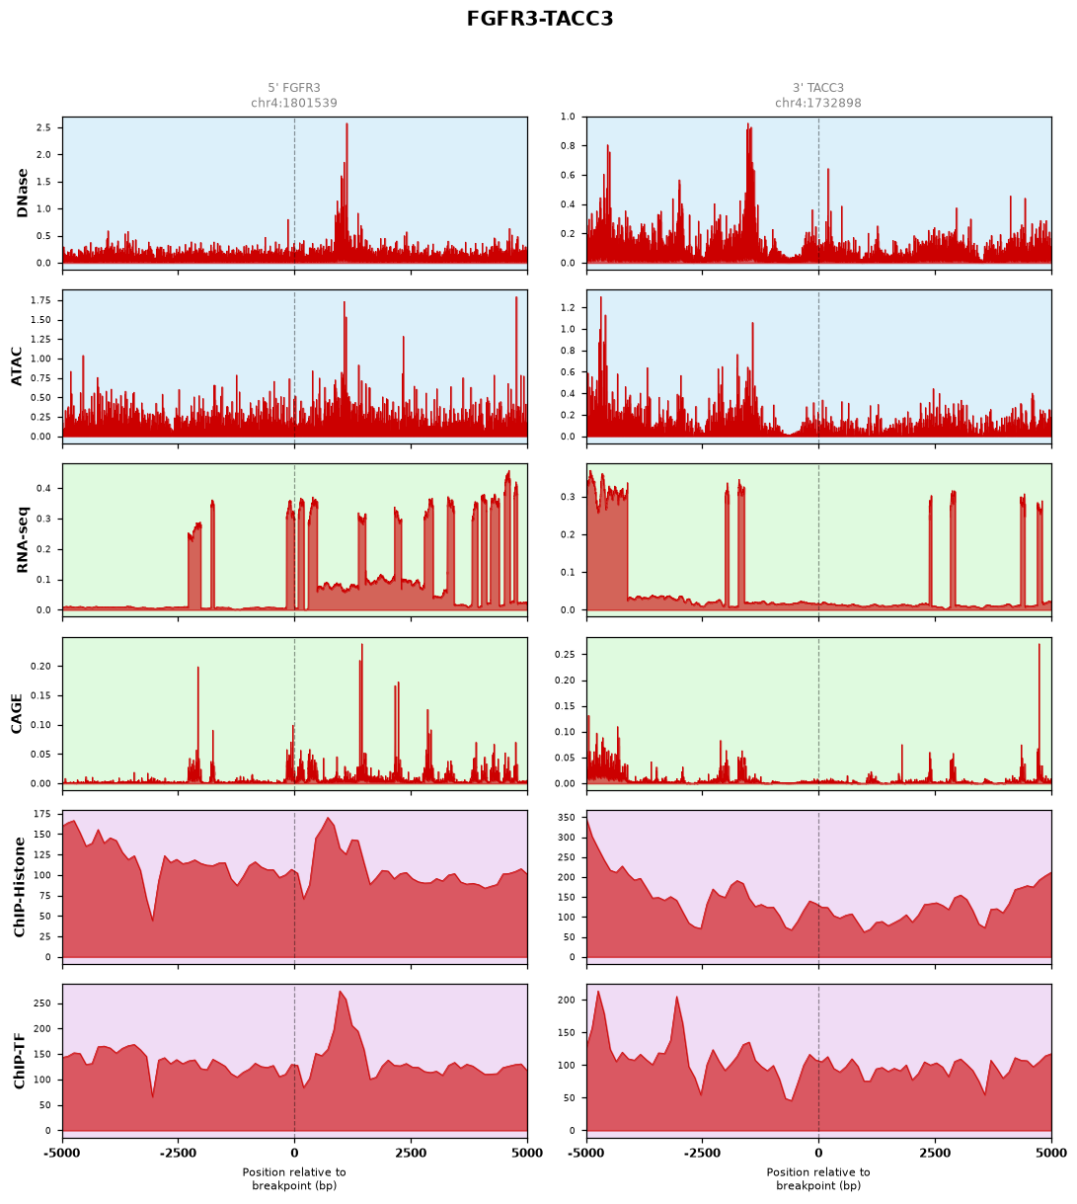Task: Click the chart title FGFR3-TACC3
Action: (x=539, y=19)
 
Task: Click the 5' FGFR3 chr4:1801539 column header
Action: (x=294, y=95)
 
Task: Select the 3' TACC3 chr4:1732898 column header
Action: (x=818, y=95)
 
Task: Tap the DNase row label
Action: (x=22, y=193)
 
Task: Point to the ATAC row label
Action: (x=17, y=366)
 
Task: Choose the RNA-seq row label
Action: (x=22, y=539)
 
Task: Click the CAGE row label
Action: (x=17, y=713)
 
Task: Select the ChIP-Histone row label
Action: (x=19, y=887)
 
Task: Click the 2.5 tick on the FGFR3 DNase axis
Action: (x=44, y=127)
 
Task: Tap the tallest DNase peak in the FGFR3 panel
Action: (x=346, y=124)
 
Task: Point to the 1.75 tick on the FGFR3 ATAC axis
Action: (x=41, y=300)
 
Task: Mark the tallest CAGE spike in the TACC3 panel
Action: (x=1039, y=645)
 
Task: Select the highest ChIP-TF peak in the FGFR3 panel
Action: (x=340, y=992)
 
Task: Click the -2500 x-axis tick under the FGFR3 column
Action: (x=178, y=1153)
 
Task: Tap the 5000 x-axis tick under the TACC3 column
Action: (x=1051, y=1153)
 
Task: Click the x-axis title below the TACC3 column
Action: (x=818, y=1178)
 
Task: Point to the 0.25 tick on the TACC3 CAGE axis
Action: (x=565, y=654)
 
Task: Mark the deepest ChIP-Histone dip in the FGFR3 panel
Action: (x=153, y=921)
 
